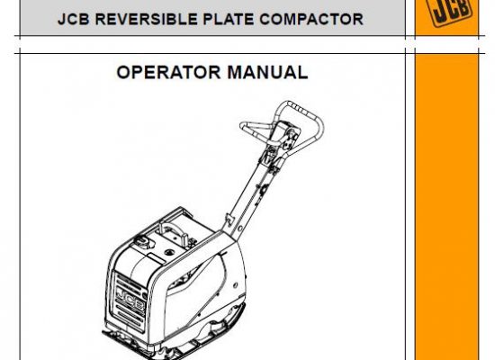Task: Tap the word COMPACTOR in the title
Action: (x=311, y=19)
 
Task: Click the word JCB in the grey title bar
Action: (x=74, y=19)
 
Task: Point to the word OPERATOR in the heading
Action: (x=168, y=72)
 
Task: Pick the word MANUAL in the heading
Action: (x=267, y=72)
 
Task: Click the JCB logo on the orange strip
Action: (x=448, y=10)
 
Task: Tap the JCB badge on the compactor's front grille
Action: (x=130, y=300)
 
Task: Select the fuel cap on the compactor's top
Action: (x=145, y=242)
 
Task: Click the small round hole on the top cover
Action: (x=169, y=252)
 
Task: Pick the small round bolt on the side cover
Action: (x=235, y=285)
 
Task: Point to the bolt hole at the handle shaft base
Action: (x=240, y=229)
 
